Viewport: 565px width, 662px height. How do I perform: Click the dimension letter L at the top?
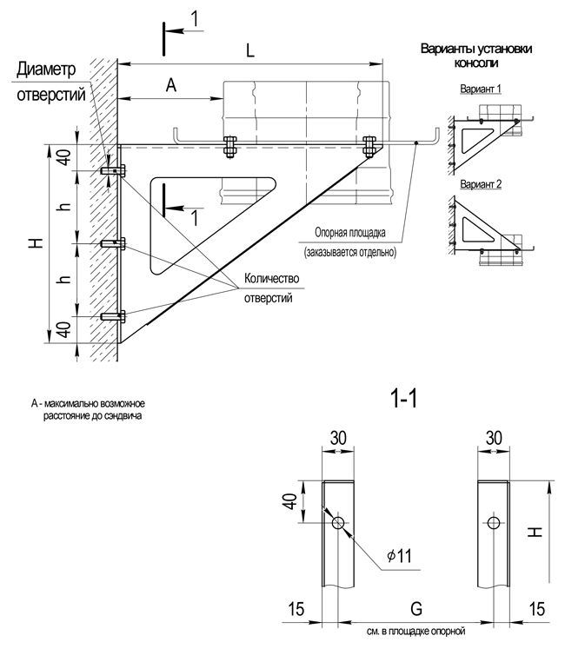click(x=250, y=51)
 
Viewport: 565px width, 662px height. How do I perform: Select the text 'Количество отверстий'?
click(x=272, y=288)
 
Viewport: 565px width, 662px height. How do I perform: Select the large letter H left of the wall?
click(x=35, y=245)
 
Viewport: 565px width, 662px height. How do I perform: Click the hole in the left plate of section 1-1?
click(x=337, y=522)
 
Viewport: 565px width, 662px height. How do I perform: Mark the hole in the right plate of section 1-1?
click(x=494, y=522)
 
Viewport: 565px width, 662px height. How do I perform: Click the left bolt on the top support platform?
click(x=229, y=145)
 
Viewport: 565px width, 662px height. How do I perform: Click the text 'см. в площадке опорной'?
click(x=416, y=632)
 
